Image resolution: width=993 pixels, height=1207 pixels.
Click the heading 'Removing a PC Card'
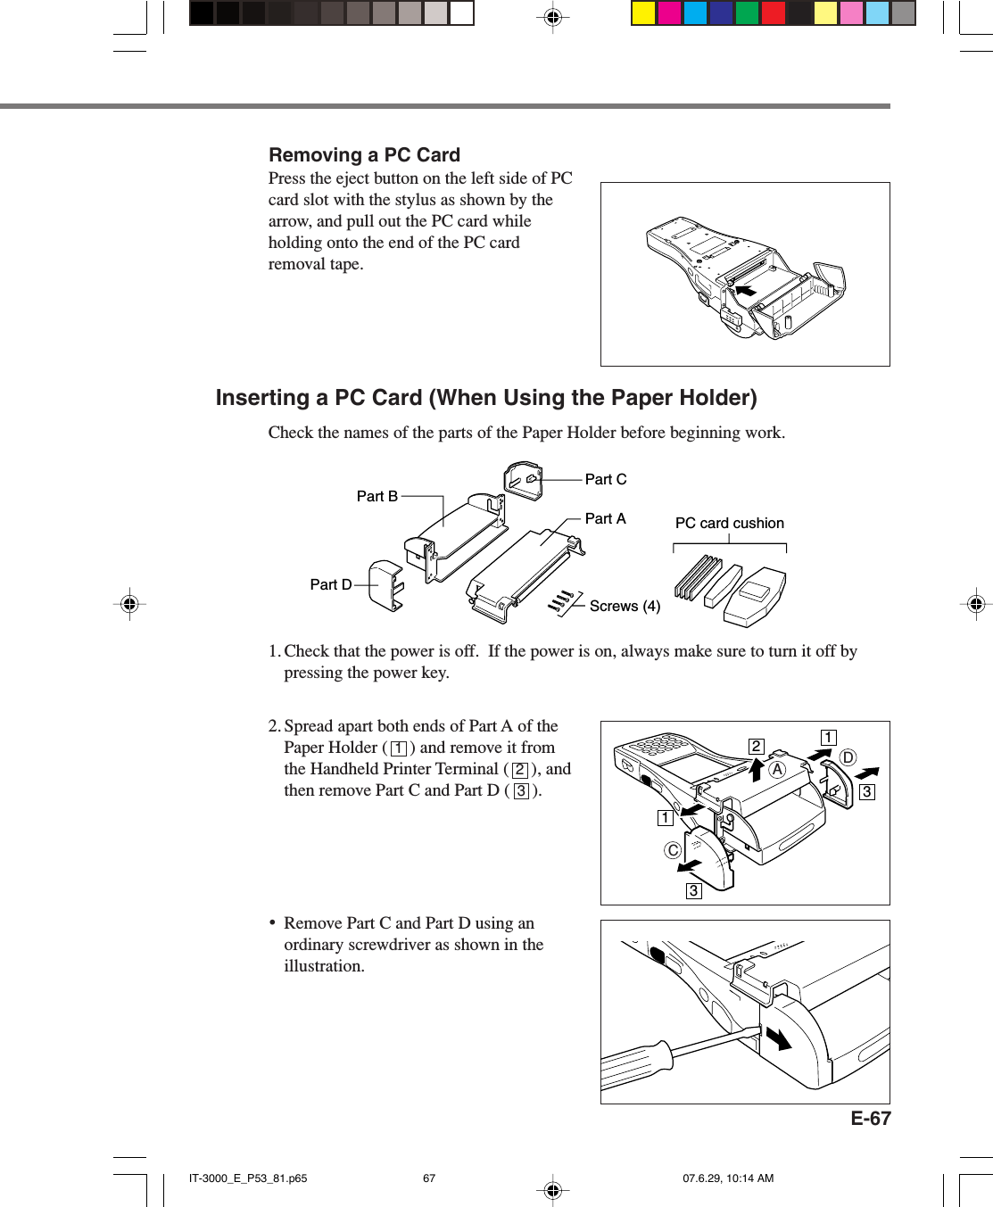pos(364,155)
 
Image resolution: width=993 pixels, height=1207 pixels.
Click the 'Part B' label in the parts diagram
pos(377,496)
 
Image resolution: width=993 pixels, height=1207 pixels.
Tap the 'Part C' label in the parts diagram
pos(605,479)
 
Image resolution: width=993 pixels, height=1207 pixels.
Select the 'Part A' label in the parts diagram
pos(605,518)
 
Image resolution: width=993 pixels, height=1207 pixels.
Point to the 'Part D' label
pos(330,584)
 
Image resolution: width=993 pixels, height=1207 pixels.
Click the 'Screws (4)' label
pos(625,606)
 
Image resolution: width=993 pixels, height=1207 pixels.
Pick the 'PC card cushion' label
pos(729,523)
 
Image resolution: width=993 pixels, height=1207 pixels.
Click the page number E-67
pos(870,1119)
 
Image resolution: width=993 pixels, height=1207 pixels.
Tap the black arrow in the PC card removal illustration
pos(744,290)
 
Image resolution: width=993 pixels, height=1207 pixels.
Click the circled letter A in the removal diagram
pos(777,769)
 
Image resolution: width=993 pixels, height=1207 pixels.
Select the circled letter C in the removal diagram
pos(673,850)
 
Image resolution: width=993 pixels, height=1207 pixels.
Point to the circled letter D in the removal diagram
pos(847,757)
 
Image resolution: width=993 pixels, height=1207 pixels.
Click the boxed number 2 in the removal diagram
pos(756,746)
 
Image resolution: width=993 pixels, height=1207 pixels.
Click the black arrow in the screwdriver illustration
pos(778,1038)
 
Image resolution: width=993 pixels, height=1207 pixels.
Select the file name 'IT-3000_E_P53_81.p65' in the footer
pos(248,1178)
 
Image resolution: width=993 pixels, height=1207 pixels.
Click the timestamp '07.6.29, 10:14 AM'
pos(728,1178)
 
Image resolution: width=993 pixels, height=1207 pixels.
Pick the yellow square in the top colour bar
pos(643,12)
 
